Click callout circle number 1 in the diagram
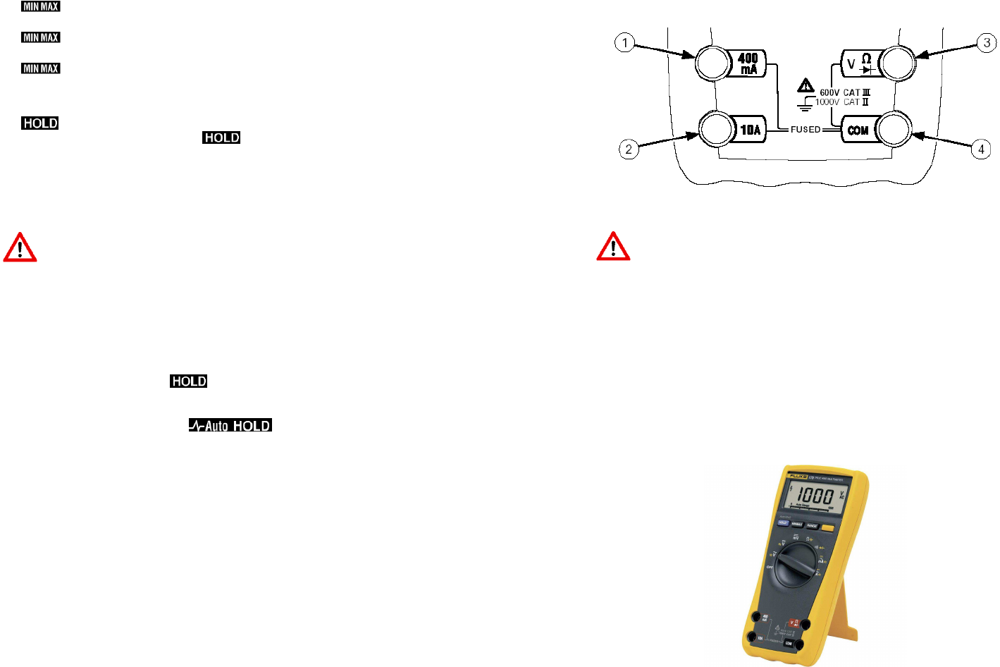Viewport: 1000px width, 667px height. pos(624,43)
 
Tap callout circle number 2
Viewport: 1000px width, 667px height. pos(629,149)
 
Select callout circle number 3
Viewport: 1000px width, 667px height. pos(987,43)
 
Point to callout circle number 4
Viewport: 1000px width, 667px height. pos(981,149)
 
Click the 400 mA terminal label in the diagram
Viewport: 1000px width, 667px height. pos(748,63)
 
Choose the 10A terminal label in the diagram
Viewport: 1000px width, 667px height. pos(751,130)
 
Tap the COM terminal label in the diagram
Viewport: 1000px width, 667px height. pos(858,130)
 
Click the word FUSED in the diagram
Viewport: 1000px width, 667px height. pos(805,130)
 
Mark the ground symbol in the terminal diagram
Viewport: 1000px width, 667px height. pos(805,104)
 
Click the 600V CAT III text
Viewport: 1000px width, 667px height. pos(844,92)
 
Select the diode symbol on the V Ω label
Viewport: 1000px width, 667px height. pos(868,70)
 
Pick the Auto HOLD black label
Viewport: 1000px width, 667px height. pos(230,425)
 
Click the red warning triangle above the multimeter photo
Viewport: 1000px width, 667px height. pos(613,247)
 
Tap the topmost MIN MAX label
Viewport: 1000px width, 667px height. pos(41,6)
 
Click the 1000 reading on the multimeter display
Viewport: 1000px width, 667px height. pos(815,496)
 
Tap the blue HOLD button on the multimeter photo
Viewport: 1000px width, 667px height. pos(783,522)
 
